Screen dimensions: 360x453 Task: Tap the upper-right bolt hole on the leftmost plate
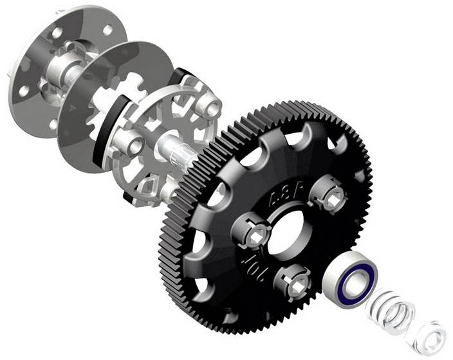click(x=107, y=28)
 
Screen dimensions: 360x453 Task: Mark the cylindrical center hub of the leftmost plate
click(x=55, y=76)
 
